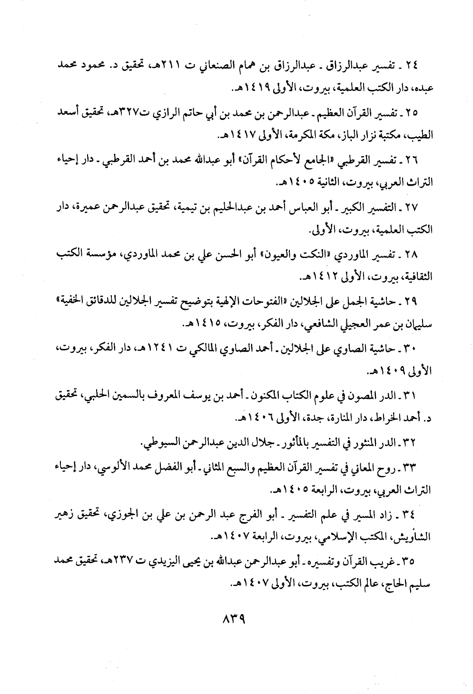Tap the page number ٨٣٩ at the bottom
(234, 621)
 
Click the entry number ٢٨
(409, 255)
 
